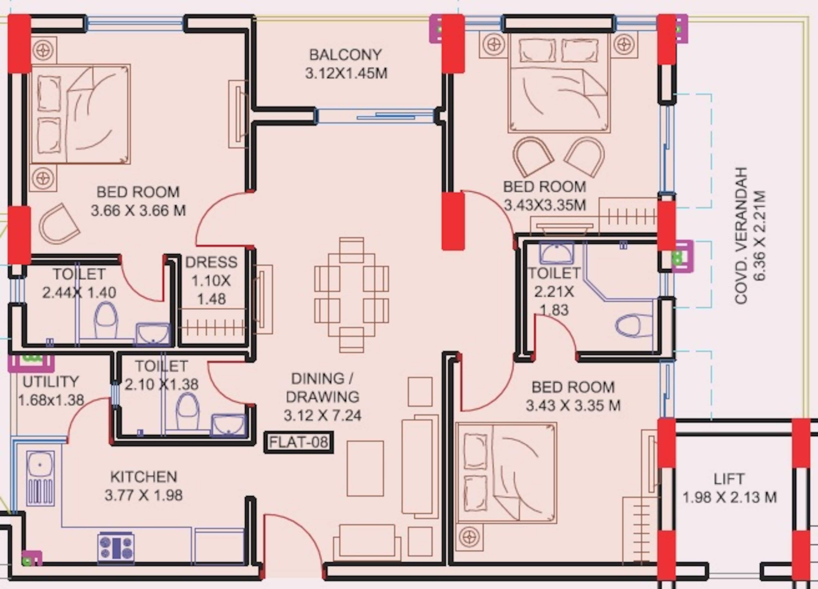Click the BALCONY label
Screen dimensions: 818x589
(x=345, y=55)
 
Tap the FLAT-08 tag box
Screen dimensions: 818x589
(x=299, y=442)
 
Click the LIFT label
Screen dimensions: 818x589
(x=729, y=479)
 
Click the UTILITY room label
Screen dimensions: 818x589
(x=50, y=381)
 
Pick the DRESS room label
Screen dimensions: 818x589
(x=211, y=262)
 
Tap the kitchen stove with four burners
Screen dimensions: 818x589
(x=116, y=548)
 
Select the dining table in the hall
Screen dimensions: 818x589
(x=352, y=295)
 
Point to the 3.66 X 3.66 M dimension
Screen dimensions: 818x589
(x=138, y=210)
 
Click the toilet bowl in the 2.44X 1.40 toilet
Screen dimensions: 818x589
(x=106, y=320)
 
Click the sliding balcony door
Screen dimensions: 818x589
(x=375, y=116)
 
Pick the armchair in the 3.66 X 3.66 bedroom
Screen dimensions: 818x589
(x=59, y=224)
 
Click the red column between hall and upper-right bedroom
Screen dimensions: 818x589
(x=453, y=221)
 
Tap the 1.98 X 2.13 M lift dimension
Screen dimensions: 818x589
(x=729, y=497)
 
